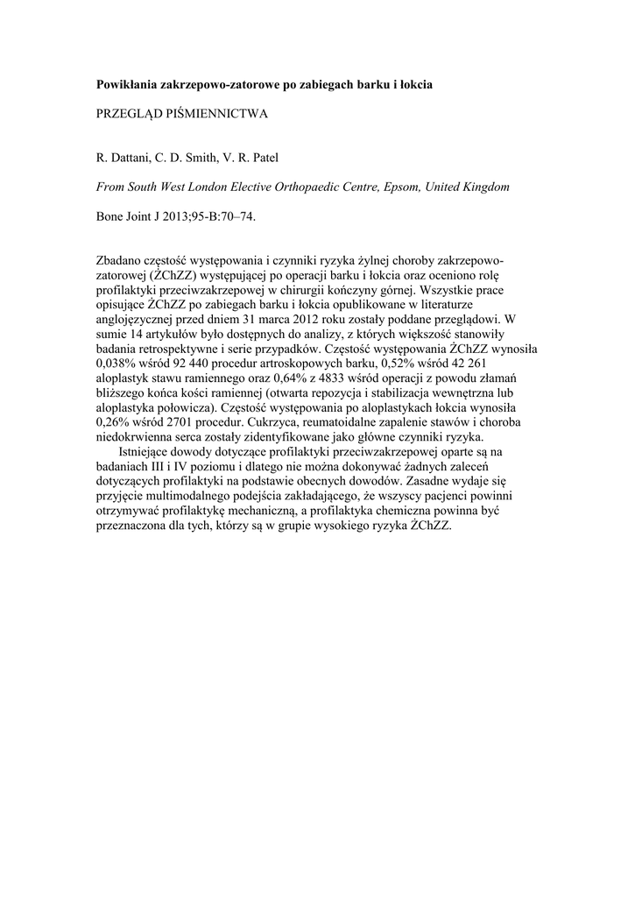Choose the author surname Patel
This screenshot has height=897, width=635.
(x=262, y=158)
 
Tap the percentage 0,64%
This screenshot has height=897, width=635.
(x=293, y=378)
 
